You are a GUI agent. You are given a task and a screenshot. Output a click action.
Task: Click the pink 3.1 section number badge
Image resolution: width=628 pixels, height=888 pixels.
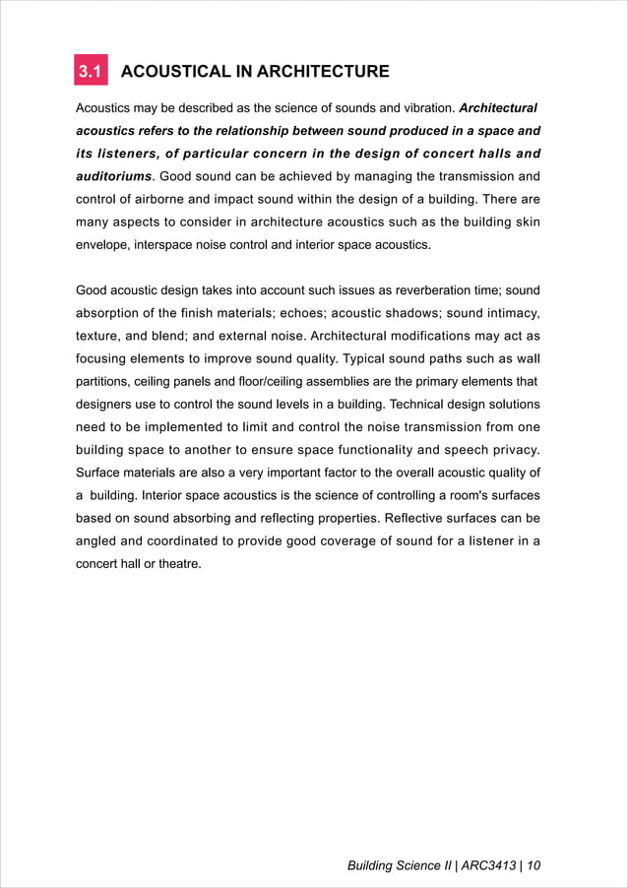(x=92, y=72)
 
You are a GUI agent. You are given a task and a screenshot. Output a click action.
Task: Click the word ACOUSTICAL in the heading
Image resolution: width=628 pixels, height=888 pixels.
(x=172, y=72)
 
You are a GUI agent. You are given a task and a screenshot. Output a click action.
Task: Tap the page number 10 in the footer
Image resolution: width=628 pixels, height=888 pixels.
(x=534, y=866)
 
